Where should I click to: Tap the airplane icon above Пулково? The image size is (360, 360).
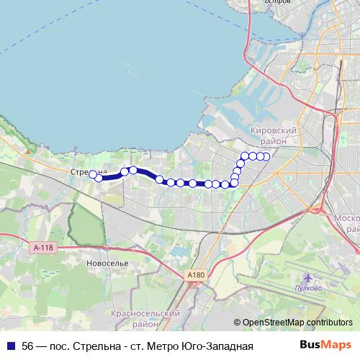click(308, 278)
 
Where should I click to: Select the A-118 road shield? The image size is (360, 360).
click(43, 247)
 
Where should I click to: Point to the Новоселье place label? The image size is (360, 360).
click(106, 264)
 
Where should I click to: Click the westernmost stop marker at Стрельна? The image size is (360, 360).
click(92, 174)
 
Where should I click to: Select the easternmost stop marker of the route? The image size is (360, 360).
click(266, 156)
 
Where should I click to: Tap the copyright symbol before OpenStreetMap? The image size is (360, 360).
click(238, 322)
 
